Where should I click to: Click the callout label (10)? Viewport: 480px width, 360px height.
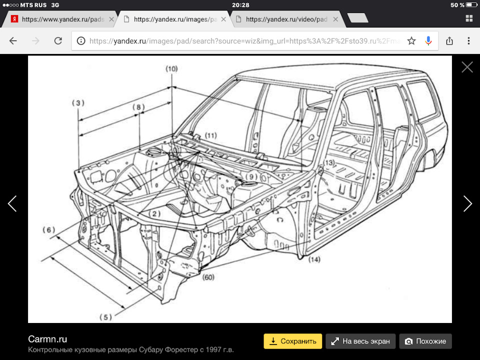171,68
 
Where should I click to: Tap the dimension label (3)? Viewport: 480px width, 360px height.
77,103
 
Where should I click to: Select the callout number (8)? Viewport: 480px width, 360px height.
138,106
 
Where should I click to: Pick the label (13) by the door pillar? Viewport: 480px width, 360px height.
328,163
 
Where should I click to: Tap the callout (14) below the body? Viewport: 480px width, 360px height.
314,259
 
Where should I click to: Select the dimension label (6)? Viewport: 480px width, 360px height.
48,230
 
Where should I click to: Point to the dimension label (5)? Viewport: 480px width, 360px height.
105,316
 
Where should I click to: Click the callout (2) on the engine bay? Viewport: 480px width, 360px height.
156,214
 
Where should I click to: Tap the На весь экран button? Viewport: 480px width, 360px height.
361,341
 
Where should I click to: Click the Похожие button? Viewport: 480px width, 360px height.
425,341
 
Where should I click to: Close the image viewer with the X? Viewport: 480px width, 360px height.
467,67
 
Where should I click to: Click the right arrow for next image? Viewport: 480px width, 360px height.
467,203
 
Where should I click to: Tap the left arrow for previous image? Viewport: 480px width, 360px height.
12,203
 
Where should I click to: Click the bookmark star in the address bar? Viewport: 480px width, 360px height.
411,41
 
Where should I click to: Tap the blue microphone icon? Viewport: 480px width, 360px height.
428,41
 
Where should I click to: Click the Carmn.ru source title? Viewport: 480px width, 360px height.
47,339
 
